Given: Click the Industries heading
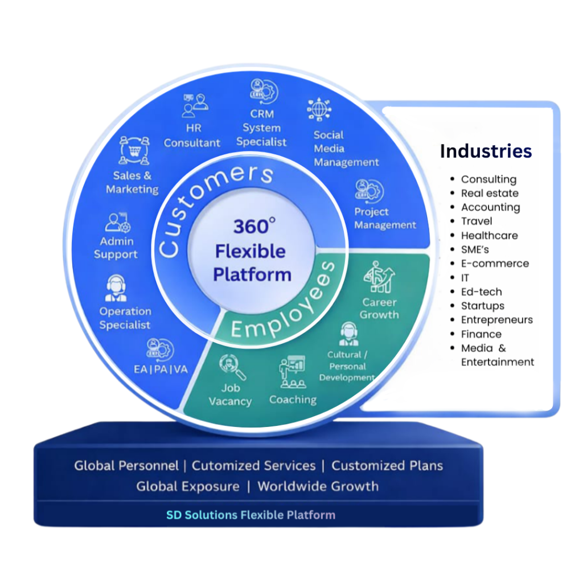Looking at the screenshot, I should [x=486, y=151].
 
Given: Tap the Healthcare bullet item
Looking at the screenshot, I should [x=489, y=235].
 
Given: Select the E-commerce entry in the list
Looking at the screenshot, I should [x=495, y=264].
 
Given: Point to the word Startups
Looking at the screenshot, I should [x=482, y=306].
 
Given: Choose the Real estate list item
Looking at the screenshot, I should [x=490, y=193].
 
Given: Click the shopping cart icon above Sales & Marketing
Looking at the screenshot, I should [x=134, y=150].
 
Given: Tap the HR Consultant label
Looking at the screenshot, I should [x=192, y=136].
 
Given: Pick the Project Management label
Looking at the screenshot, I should [x=385, y=219].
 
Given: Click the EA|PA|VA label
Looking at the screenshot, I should [x=161, y=369].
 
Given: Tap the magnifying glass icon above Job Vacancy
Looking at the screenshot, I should [x=232, y=366].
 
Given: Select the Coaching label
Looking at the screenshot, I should [x=293, y=400].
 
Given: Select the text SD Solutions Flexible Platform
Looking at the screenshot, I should [x=251, y=515].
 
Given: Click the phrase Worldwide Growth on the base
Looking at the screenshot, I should [x=318, y=487].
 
